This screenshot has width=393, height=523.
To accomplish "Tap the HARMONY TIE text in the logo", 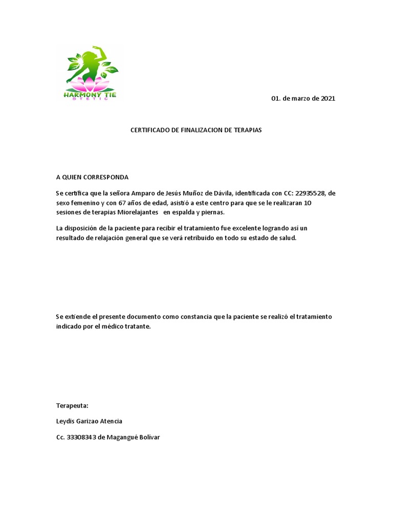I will pos(90,94).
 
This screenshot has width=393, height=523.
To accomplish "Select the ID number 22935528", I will pos(310,194).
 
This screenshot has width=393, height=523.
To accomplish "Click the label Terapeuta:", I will pos(72,406).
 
